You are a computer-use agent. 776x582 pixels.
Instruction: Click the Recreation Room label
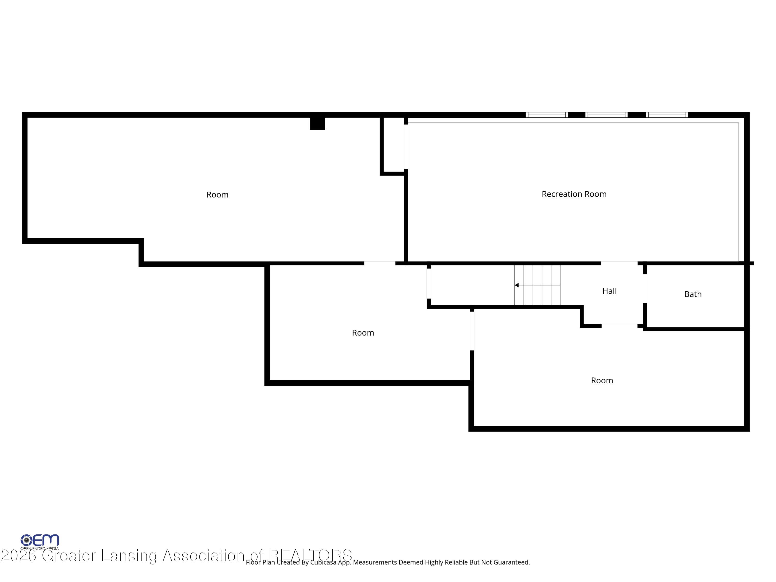(574, 194)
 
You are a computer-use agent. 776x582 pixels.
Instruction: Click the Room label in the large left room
(217, 195)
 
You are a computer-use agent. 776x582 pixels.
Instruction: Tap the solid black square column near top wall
(317, 123)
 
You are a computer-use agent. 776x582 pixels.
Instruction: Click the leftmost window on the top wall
(546, 115)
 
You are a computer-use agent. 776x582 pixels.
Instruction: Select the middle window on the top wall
(606, 115)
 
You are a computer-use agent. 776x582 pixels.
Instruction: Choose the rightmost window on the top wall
(667, 115)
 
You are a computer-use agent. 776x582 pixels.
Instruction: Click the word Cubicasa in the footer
(323, 562)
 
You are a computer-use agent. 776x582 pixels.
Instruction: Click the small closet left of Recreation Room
(393, 145)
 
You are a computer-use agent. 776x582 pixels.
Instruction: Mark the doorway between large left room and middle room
(379, 263)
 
